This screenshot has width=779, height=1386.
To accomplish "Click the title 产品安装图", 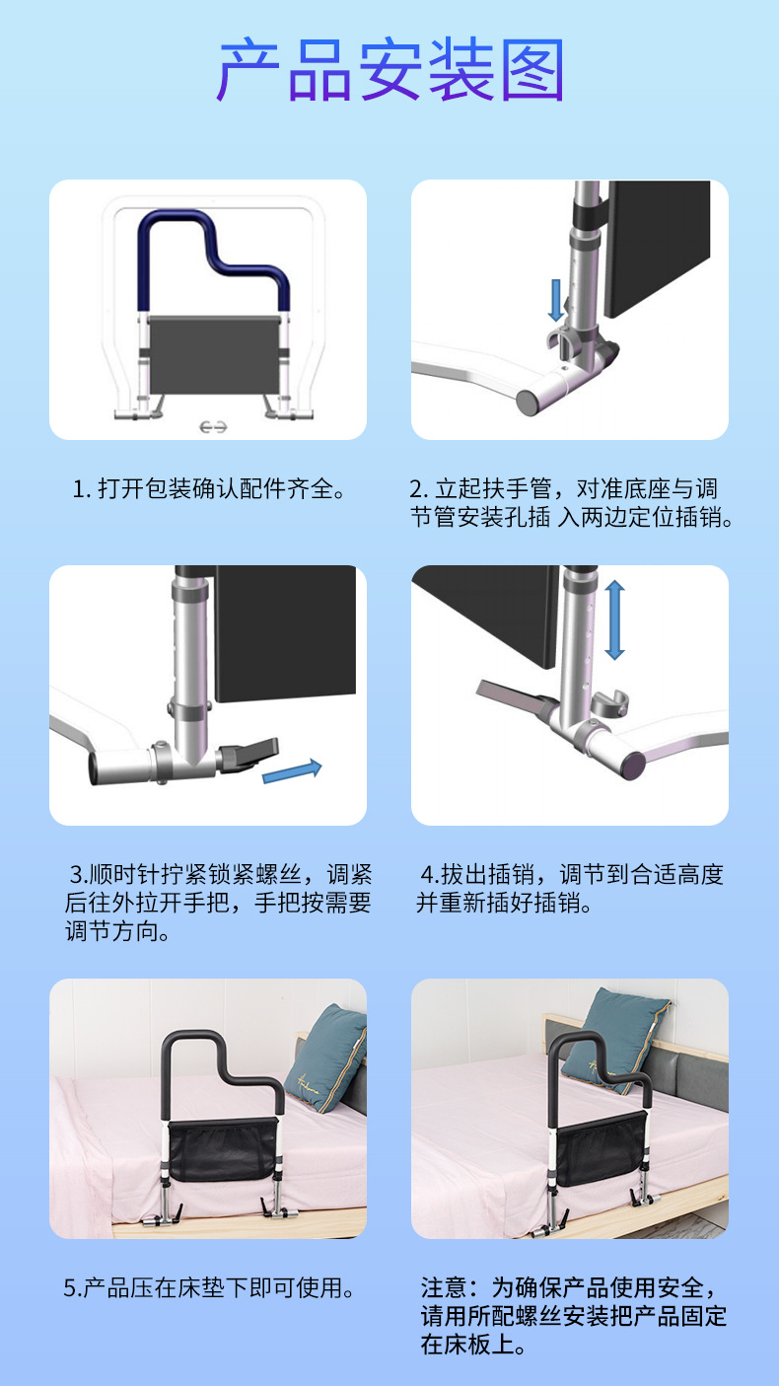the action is point(390,69).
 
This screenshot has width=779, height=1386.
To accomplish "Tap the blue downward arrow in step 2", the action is point(556,300).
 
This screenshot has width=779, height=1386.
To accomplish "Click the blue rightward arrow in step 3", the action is point(292,771).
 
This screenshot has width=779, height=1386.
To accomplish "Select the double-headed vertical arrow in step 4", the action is point(614,620).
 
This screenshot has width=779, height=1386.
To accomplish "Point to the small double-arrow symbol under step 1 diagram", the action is point(213,427).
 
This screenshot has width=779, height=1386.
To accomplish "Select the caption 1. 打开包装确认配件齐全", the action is point(208,489).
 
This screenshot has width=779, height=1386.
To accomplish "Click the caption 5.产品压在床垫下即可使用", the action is point(209,1288).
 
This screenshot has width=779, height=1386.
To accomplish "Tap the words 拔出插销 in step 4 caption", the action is point(488,875).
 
